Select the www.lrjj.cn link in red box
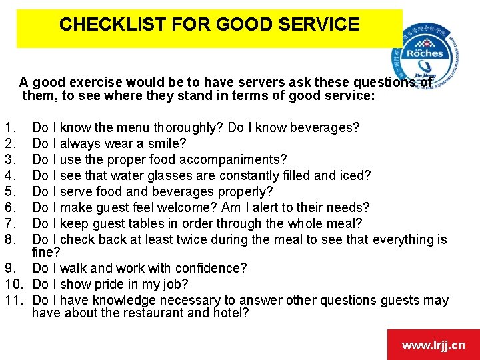433,345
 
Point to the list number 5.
8,191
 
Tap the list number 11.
13,300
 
